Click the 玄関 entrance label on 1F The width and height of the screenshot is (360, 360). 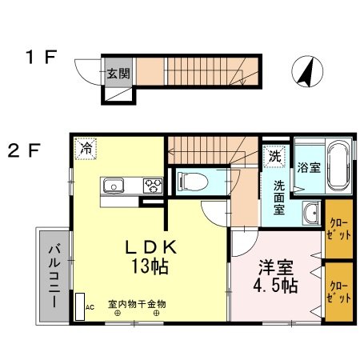coord(118,74)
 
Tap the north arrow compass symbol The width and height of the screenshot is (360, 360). coord(307,71)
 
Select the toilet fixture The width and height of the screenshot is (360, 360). coord(193,182)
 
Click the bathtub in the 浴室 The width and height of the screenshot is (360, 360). coord(338,166)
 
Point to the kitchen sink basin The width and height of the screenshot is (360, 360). coord(114,186)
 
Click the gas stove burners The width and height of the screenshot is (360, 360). coord(153,186)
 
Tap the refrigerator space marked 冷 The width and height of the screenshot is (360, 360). coord(86,149)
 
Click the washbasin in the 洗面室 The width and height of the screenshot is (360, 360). coord(311,214)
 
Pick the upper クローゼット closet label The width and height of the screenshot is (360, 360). coord(339,229)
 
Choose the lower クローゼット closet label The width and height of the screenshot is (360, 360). coord(339,293)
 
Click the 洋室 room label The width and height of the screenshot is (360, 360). coord(276,267)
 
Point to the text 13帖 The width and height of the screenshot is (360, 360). coord(150,266)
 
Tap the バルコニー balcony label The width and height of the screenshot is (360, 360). coord(54,276)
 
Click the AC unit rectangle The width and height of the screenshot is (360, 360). coord(80,306)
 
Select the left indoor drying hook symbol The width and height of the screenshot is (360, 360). coord(118,314)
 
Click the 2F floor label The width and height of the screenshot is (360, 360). coord(24,150)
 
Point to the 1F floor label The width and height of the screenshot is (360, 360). coord(41,57)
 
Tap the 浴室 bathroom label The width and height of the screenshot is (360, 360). coord(309,167)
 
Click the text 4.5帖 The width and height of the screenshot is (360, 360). coord(275,286)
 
